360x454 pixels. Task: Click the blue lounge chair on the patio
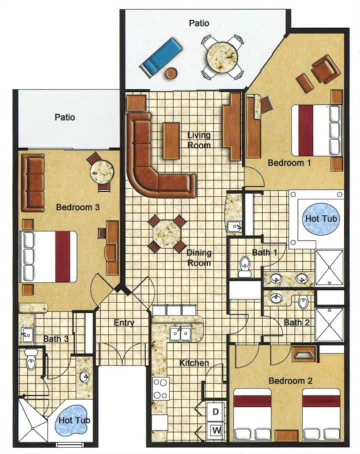click(x=161, y=57)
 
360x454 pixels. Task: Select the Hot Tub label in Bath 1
click(x=321, y=218)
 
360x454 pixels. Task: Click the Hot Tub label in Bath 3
click(x=74, y=420)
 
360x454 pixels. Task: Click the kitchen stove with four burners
click(x=160, y=388)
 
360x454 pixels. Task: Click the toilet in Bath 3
click(x=31, y=359)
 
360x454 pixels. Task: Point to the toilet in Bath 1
click(x=245, y=266)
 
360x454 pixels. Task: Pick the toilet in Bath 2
click(x=303, y=302)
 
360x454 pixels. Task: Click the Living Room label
click(x=198, y=140)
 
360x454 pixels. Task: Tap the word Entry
click(x=124, y=323)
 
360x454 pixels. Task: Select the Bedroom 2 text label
click(x=290, y=380)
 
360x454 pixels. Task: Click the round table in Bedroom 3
click(x=101, y=172)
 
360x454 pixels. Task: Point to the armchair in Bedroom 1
click(x=325, y=68)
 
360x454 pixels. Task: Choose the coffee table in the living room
click(x=171, y=141)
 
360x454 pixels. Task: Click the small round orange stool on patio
click(x=171, y=72)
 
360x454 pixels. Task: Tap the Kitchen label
click(x=194, y=363)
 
